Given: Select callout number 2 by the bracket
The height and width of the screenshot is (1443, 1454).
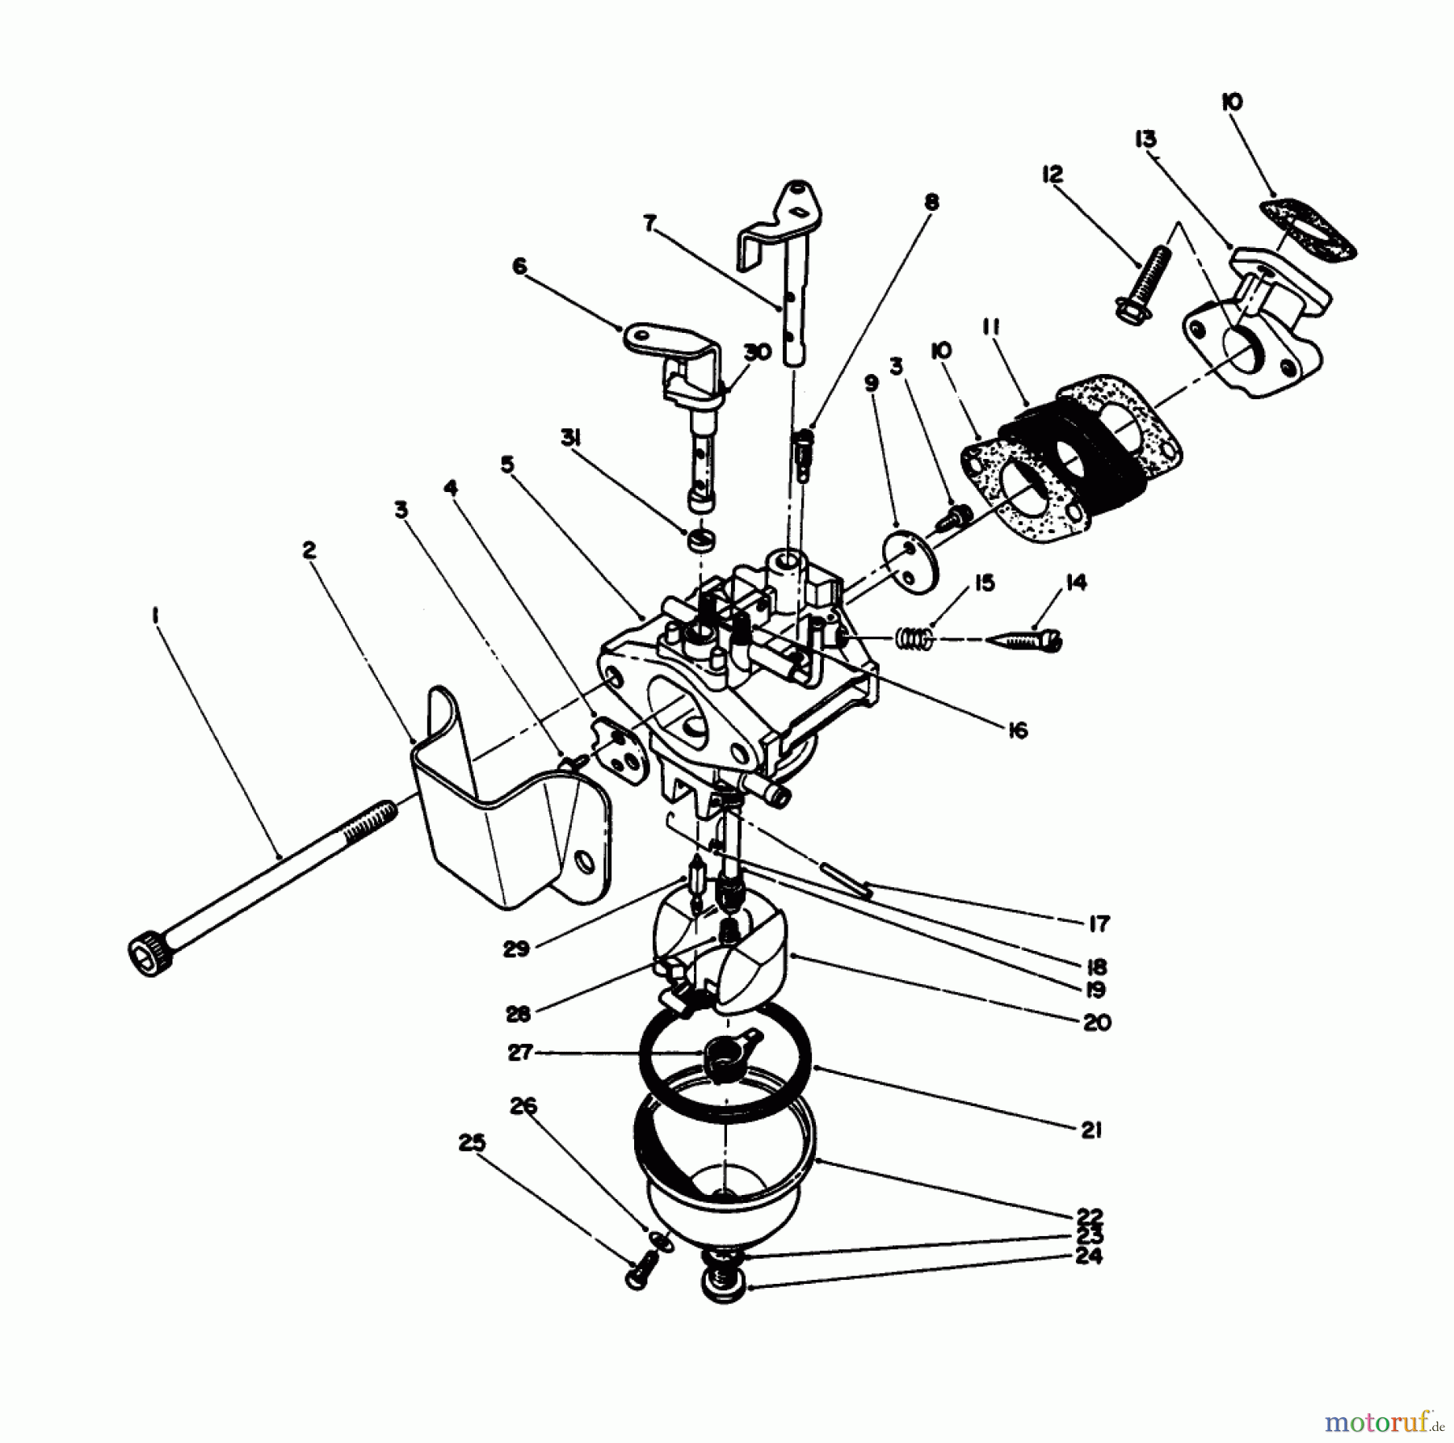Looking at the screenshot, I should pos(309,550).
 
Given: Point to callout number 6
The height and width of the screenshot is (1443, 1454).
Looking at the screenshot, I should pos(519,266).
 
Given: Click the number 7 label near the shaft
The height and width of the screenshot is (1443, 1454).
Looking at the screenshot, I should pos(650,223).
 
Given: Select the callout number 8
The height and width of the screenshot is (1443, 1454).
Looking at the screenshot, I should pos(931,202).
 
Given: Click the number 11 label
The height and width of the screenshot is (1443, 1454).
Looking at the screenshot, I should pos(992,328).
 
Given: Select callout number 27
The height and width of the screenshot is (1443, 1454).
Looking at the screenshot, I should pos(519,1054).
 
